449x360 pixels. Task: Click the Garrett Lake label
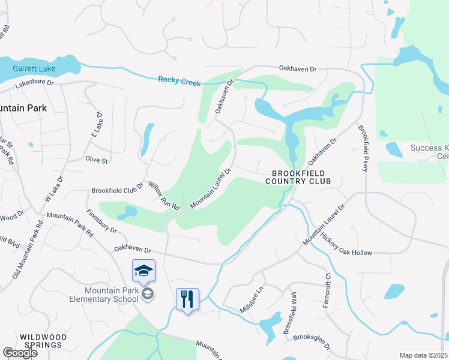35,70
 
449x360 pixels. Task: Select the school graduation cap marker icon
144,271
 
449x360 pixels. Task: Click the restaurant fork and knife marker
187,298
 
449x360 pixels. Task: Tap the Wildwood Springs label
41,341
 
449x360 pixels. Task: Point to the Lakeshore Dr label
34,85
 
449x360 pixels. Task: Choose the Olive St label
97,161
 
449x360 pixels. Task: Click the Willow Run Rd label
164,196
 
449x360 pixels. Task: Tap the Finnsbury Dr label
101,221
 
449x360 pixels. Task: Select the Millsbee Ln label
252,298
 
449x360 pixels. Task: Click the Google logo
20,353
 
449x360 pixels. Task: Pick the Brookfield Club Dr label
118,190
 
